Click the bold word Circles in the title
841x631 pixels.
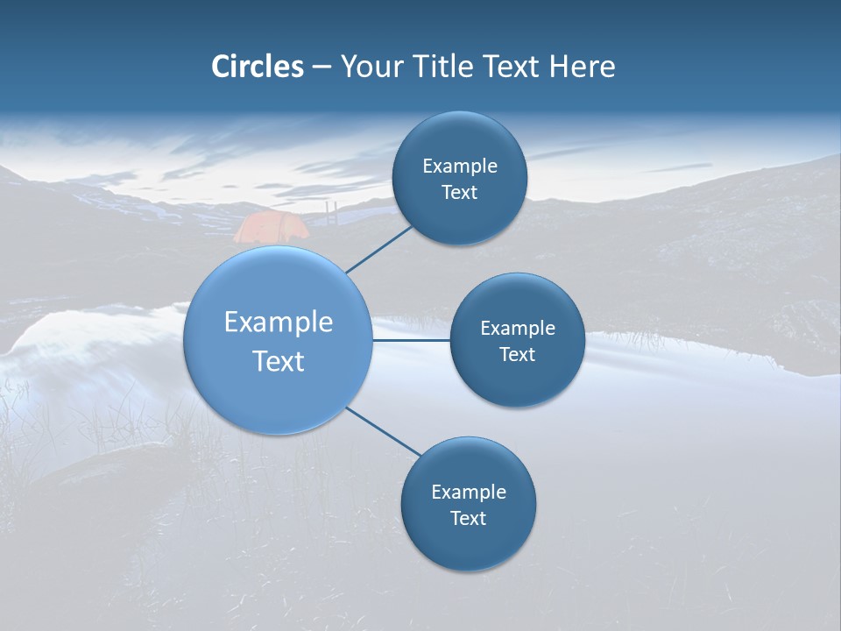(258, 67)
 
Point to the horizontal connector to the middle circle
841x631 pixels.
(411, 340)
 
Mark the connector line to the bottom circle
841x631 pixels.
(384, 432)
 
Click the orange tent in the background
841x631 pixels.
(271, 227)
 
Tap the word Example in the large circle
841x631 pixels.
(279, 322)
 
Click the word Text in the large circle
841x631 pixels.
(279, 361)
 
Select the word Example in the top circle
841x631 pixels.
(460, 166)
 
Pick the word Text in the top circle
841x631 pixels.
(459, 192)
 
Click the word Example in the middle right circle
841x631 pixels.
(518, 328)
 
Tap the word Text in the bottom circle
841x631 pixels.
(468, 518)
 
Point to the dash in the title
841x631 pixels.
(322, 67)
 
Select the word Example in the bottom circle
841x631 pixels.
(469, 492)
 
